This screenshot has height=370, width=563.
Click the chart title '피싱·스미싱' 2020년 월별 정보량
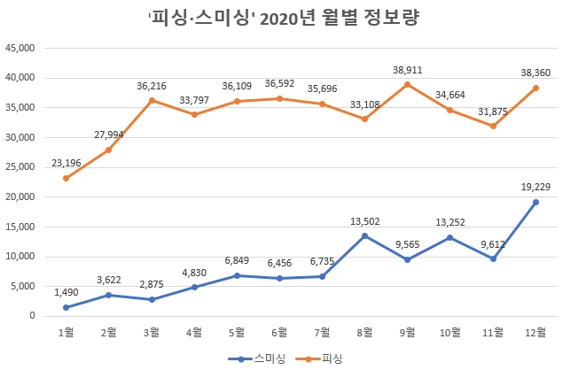tap(281, 18)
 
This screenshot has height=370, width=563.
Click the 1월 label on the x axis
tap(66, 332)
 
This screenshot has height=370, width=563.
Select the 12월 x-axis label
tap(536, 332)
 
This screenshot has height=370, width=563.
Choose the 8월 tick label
tap(364, 332)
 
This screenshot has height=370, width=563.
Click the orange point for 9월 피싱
tap(408, 84)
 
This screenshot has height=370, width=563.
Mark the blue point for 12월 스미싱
tap(536, 202)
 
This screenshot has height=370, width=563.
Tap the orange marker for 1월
tap(66, 178)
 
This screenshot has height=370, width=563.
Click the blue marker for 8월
tap(364, 235)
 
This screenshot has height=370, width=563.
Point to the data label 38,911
tap(408, 68)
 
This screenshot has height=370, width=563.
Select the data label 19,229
tap(536, 186)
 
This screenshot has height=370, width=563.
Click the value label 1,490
tap(66, 292)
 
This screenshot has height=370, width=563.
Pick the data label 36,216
tap(152, 85)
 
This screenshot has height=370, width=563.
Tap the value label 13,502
tap(364, 220)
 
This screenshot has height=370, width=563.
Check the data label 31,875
tap(493, 111)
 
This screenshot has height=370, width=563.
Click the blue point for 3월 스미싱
tap(152, 299)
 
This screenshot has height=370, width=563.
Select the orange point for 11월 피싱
tap(493, 126)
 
